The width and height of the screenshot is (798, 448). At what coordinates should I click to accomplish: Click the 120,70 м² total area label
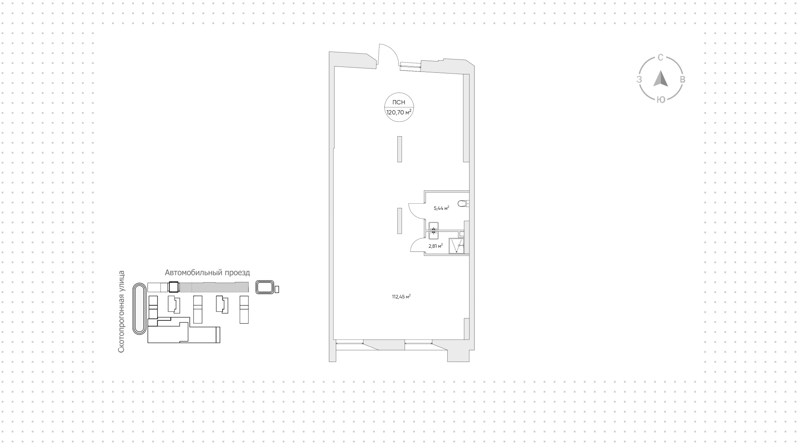[x=399, y=112]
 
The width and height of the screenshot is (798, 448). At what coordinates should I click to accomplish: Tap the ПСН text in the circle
[x=399, y=102]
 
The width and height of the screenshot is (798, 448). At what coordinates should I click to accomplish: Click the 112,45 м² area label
[x=401, y=297]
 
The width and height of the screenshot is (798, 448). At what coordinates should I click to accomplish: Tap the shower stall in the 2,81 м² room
[x=456, y=246]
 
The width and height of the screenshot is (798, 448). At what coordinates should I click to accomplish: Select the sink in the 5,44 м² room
[x=434, y=226]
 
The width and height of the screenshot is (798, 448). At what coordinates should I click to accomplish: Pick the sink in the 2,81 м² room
[x=433, y=236]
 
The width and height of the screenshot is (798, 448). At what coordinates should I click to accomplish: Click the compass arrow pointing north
[x=660, y=79]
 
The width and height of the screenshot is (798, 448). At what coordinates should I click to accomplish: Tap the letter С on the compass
[x=660, y=58]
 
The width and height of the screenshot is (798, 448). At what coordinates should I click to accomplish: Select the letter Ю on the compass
[x=660, y=99]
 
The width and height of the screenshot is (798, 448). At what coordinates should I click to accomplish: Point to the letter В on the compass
[x=682, y=79]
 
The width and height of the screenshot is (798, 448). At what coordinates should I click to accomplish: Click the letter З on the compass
[x=639, y=79]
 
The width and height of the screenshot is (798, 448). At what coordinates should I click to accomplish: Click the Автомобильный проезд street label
[x=207, y=273]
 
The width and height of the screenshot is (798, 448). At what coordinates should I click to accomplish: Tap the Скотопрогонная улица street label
[x=121, y=312]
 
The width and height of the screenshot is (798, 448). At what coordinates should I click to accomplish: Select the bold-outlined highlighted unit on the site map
[x=173, y=287]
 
